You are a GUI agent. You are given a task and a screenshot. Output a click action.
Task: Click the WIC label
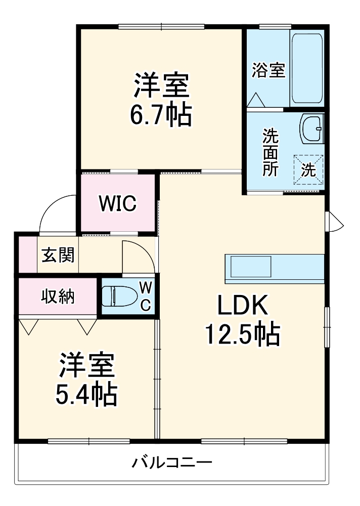tap(117, 203)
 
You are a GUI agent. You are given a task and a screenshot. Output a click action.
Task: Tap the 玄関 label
tap(58, 256)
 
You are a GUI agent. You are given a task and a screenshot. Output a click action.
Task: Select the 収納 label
tap(58, 297)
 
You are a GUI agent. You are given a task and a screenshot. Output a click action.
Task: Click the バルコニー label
tap(172, 462)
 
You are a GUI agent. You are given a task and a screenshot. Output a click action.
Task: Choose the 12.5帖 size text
tap(242, 334)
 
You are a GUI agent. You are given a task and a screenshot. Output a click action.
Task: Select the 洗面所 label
tap(270, 152)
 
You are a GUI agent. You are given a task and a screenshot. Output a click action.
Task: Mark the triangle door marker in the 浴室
tap(256, 100)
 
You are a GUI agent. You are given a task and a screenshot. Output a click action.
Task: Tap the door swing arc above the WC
tap(138, 256)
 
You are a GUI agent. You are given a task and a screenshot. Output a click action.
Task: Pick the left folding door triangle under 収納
tap(28, 326)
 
